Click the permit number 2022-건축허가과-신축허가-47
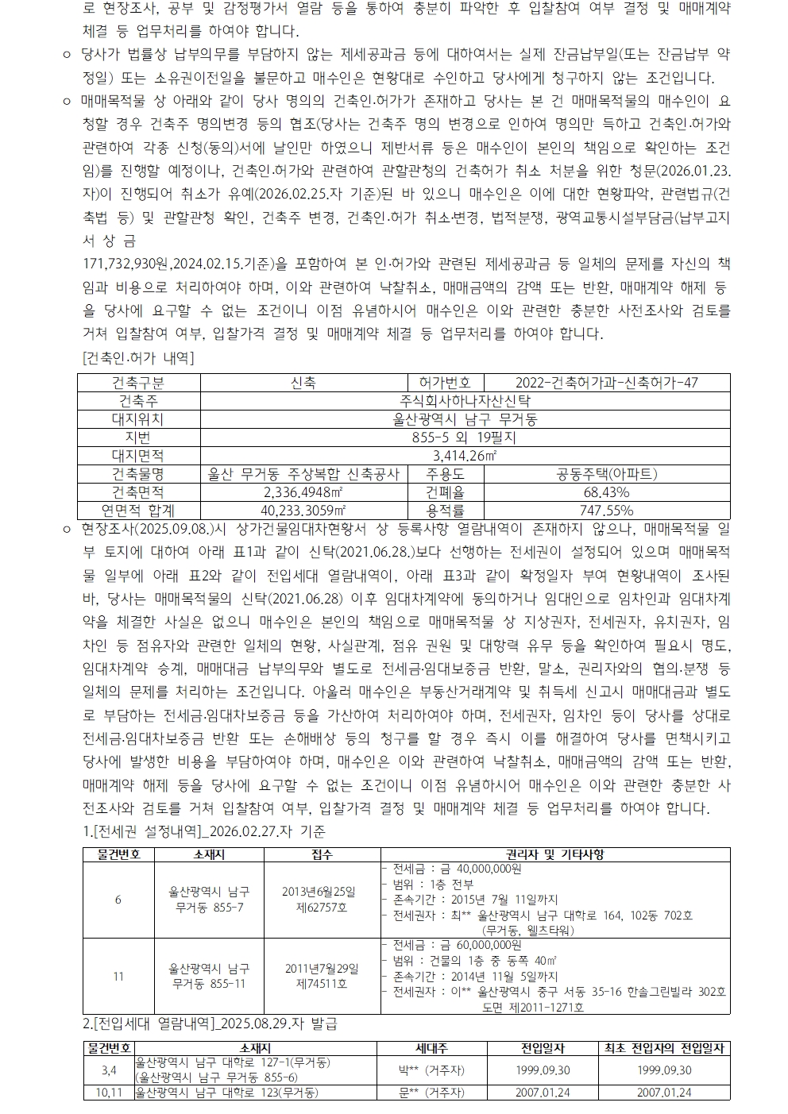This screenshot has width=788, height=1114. [x=607, y=383]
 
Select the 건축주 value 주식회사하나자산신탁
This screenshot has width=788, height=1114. [x=465, y=401]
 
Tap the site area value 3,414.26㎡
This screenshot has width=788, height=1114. [x=465, y=456]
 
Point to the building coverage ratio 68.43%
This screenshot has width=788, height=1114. [x=607, y=492]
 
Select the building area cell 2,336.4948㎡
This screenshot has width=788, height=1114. [x=303, y=492]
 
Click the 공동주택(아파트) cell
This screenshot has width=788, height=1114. [x=607, y=474]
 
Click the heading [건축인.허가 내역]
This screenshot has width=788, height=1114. [x=138, y=358]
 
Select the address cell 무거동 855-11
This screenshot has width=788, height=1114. [x=209, y=984]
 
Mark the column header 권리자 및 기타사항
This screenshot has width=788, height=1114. [x=554, y=854]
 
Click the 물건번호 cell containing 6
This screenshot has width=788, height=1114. [x=118, y=900]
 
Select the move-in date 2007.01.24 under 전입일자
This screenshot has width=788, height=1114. [x=542, y=1093]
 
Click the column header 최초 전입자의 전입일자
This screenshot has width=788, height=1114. [x=664, y=1048]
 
